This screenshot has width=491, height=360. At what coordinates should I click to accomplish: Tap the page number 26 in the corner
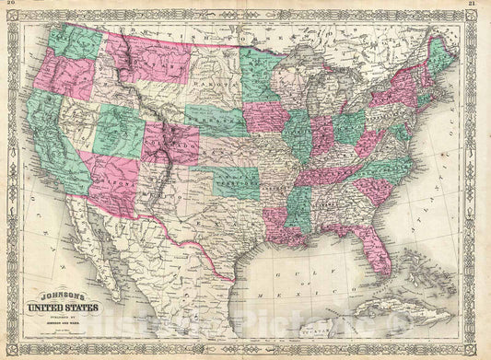click(12, 6)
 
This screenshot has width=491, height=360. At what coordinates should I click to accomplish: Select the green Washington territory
click(75, 41)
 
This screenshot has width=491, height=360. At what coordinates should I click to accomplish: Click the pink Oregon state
click(64, 74)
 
